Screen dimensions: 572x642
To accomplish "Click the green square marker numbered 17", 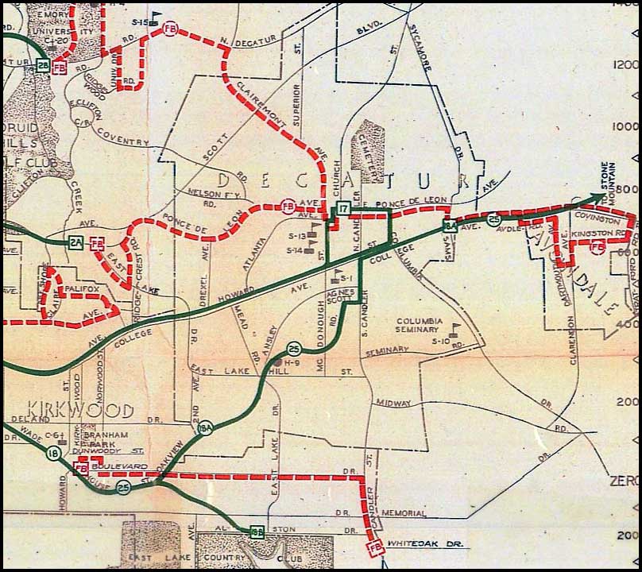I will (342, 209).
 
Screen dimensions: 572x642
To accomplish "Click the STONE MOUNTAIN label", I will (612, 175).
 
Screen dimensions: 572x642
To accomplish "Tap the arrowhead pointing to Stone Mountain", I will (598, 199).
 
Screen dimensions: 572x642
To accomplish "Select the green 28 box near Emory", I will (43, 66).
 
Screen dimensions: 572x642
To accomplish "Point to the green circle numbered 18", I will (54, 454).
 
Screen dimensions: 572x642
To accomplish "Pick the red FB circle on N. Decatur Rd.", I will (168, 29).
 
